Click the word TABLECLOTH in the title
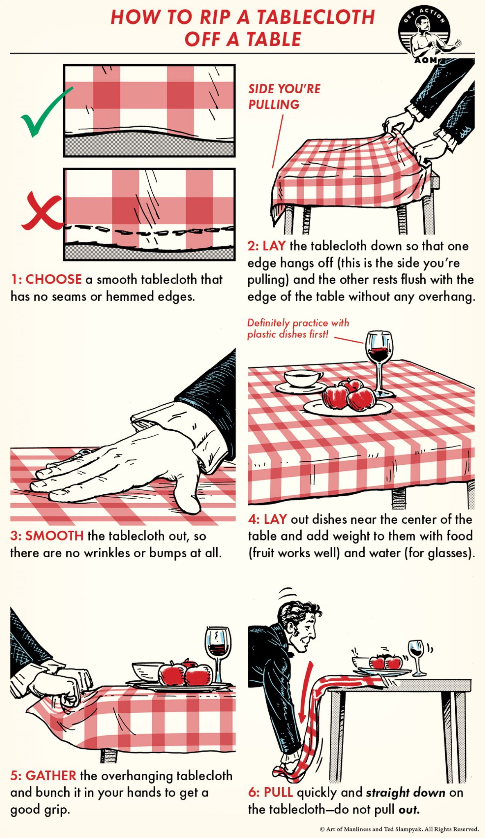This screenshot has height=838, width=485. (315, 18)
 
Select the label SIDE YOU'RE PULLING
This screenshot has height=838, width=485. (284, 97)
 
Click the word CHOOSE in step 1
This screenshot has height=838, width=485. (54, 279)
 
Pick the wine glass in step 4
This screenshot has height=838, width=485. (380, 360)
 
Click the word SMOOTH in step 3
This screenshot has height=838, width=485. (54, 536)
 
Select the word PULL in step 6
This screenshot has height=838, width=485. (278, 792)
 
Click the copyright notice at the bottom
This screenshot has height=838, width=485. (399, 829)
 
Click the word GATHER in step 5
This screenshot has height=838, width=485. (51, 775)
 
